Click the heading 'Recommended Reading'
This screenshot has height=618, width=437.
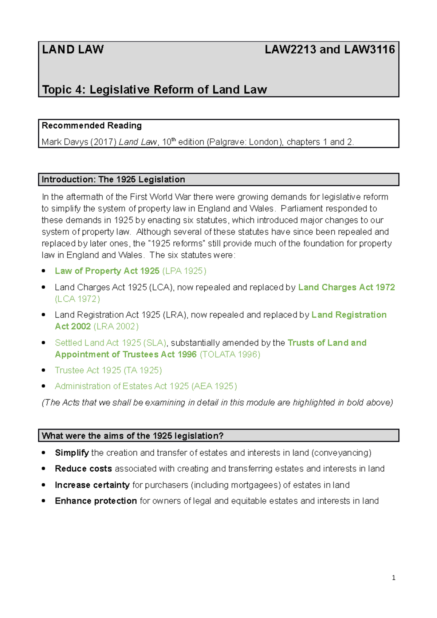click(x=92, y=126)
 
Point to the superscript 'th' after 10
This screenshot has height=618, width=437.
click(x=174, y=139)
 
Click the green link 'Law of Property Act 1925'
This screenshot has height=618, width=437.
click(x=107, y=271)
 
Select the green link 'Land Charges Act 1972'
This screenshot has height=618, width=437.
click(x=346, y=288)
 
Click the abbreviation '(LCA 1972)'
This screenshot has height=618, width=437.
click(x=77, y=299)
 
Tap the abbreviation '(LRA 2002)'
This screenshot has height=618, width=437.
click(x=116, y=326)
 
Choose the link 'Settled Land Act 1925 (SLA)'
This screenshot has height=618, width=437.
click(x=111, y=343)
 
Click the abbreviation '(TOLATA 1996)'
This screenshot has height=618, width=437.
click(x=230, y=354)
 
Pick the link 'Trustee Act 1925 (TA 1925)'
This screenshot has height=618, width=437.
click(x=108, y=370)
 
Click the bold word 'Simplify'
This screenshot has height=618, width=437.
click(x=72, y=453)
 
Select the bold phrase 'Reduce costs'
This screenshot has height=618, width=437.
click(x=83, y=469)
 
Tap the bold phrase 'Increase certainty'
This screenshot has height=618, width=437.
click(x=92, y=485)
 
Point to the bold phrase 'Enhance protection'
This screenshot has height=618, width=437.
click(x=96, y=501)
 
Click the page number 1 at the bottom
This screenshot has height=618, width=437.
click(x=394, y=578)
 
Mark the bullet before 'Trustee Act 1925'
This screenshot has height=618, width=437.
click(x=44, y=370)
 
